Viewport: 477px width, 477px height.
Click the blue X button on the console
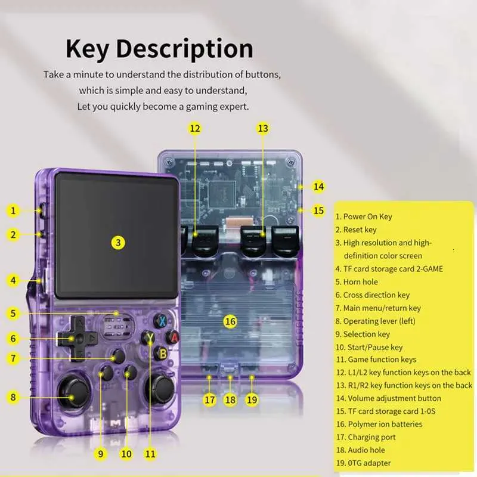[162, 321]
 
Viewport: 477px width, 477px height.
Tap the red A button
[173, 337]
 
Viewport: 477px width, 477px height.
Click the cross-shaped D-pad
[78, 338]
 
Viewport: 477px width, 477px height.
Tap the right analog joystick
[160, 391]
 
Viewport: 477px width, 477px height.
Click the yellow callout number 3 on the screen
[118, 243]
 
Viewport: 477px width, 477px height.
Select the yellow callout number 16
[230, 321]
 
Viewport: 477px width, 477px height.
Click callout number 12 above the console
[195, 128]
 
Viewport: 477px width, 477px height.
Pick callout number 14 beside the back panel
[318, 187]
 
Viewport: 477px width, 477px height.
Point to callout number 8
[13, 397]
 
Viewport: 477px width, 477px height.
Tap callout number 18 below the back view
[230, 399]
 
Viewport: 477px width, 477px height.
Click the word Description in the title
[185, 49]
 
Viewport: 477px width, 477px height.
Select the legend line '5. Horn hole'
[357, 282]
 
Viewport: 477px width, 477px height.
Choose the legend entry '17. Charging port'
[366, 437]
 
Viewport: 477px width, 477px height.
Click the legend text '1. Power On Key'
[364, 216]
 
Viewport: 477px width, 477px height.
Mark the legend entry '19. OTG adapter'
[364, 463]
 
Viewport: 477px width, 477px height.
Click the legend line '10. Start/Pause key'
[369, 347]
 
